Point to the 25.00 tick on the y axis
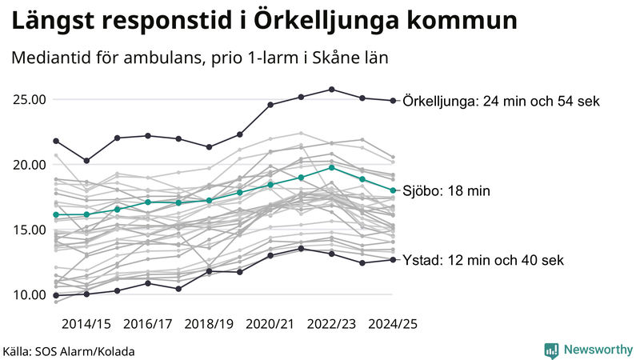(29, 100)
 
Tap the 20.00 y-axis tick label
(29, 165)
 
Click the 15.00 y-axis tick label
(29, 230)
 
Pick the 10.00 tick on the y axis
(29, 294)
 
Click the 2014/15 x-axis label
(86, 324)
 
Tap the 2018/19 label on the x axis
(209, 324)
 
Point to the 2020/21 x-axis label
(270, 324)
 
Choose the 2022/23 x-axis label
(332, 324)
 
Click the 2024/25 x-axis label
(393, 324)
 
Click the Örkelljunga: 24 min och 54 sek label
(502, 101)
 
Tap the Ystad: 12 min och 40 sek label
(484, 260)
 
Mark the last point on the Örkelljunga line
(393, 101)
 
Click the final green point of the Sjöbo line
(393, 190)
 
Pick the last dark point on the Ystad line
(393, 259)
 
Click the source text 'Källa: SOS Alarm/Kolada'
(69, 351)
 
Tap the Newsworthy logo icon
(551, 350)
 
